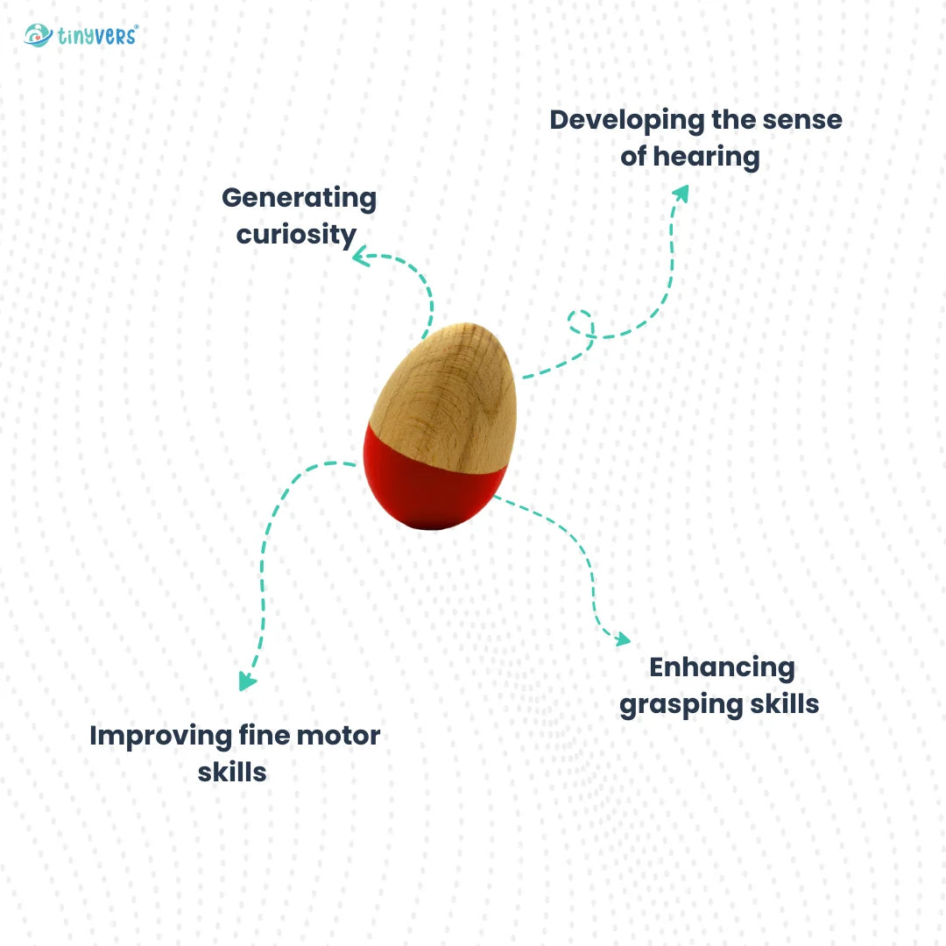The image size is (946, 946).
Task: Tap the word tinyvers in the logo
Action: pyautogui.click(x=98, y=37)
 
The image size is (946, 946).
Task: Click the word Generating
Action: pyautogui.click(x=299, y=198)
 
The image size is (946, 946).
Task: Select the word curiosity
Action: pyautogui.click(x=297, y=235)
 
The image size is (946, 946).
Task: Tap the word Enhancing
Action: pyautogui.click(x=722, y=667)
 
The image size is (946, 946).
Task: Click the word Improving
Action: pyautogui.click(x=160, y=736)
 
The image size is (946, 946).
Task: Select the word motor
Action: pyautogui.click(x=337, y=736)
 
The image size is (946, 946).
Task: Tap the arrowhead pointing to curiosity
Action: pyautogui.click(x=360, y=258)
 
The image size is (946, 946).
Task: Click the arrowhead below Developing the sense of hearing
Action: pyautogui.click(x=681, y=193)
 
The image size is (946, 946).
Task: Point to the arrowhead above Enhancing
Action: pyautogui.click(x=622, y=639)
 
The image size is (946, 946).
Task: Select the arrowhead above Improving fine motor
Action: pyautogui.click(x=248, y=681)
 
